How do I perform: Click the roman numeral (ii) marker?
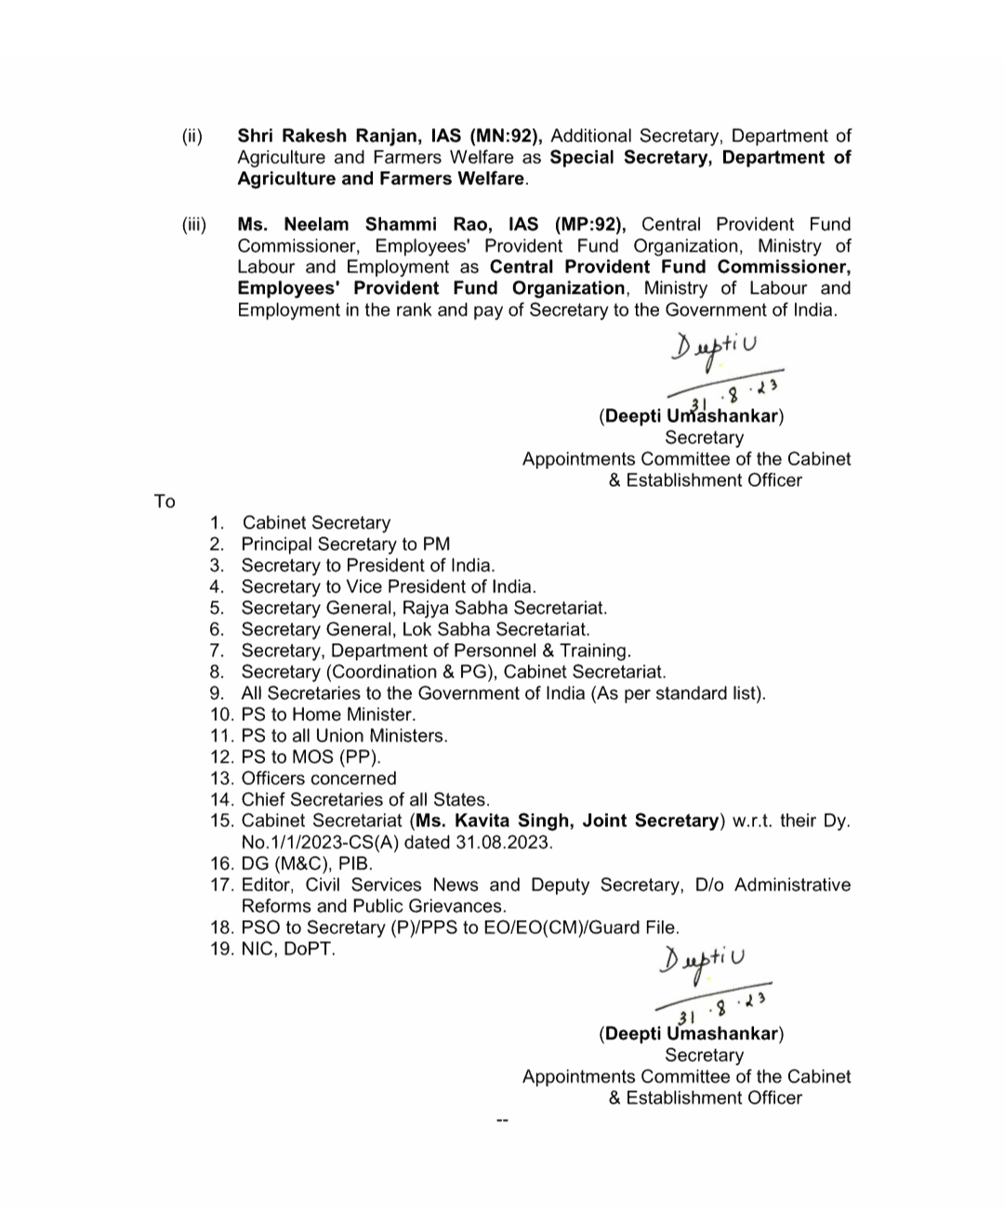point(192,136)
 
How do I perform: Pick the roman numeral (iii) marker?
point(194,224)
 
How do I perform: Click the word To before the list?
point(165,502)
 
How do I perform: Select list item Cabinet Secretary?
point(316,523)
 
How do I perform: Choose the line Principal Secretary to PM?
point(345,545)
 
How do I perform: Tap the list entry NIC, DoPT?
point(287,950)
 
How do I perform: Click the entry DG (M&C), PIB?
point(306,864)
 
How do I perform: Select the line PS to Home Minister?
point(327,715)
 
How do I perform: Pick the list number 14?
point(221,800)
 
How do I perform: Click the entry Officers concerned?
point(318,779)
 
